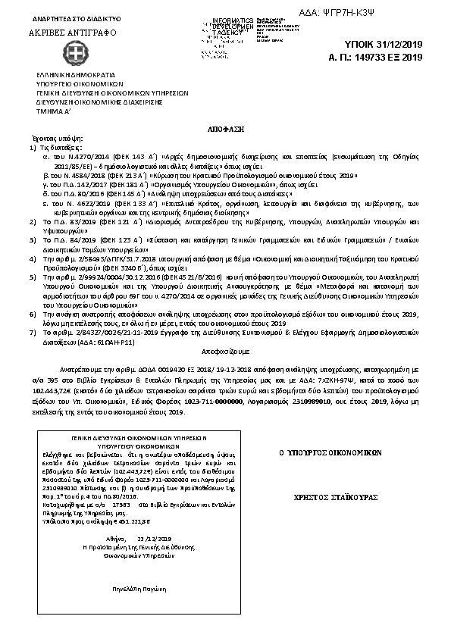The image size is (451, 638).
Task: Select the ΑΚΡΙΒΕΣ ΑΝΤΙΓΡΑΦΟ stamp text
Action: [x=69, y=35]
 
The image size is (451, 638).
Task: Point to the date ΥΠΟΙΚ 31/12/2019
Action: [x=387, y=45]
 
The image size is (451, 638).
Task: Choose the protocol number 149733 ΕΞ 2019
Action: [x=387, y=57]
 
